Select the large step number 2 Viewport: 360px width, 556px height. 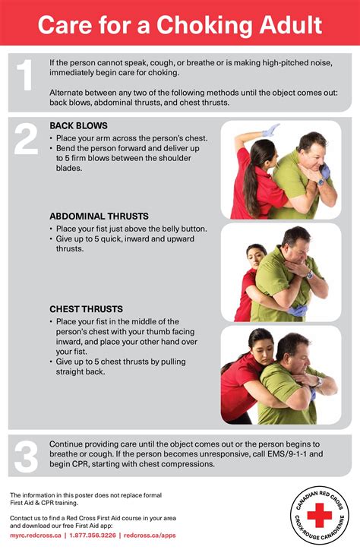coord(25,139)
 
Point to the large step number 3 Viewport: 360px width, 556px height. coord(25,457)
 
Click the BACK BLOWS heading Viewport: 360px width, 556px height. coord(78,125)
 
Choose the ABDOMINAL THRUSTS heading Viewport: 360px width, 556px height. coord(99,216)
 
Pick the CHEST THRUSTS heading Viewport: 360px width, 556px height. coord(85,309)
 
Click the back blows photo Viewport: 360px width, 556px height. coord(280,169)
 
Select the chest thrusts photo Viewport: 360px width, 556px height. coord(280,375)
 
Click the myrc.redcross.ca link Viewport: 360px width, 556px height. coord(37,535)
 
